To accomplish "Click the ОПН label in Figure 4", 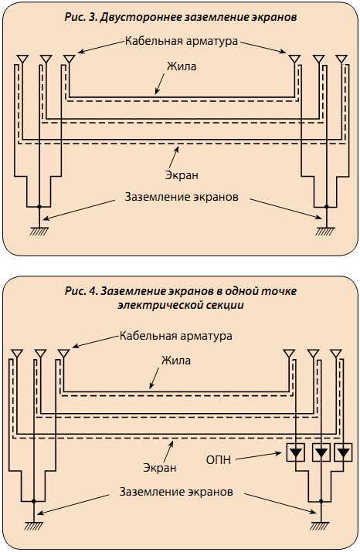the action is (219, 460).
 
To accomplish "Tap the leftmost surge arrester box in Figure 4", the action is (295, 452).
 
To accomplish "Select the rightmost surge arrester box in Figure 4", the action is (344, 452).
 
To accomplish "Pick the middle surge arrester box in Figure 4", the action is (321, 452).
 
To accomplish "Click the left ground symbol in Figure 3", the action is (39, 232).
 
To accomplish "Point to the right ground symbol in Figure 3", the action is (326, 232).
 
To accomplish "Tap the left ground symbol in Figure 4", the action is (34, 526).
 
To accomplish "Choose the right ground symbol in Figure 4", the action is (321, 526).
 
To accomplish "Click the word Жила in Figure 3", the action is (182, 66).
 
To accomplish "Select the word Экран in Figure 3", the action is (182, 175).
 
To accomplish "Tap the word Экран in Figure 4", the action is (160, 468).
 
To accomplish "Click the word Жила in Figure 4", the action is (176, 360).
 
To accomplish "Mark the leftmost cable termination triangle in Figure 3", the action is (22, 59).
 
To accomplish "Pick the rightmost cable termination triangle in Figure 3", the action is (341, 59).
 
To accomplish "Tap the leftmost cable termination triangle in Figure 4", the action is (17, 353).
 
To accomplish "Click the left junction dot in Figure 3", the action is (39, 207).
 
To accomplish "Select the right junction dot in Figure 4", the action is (321, 500).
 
